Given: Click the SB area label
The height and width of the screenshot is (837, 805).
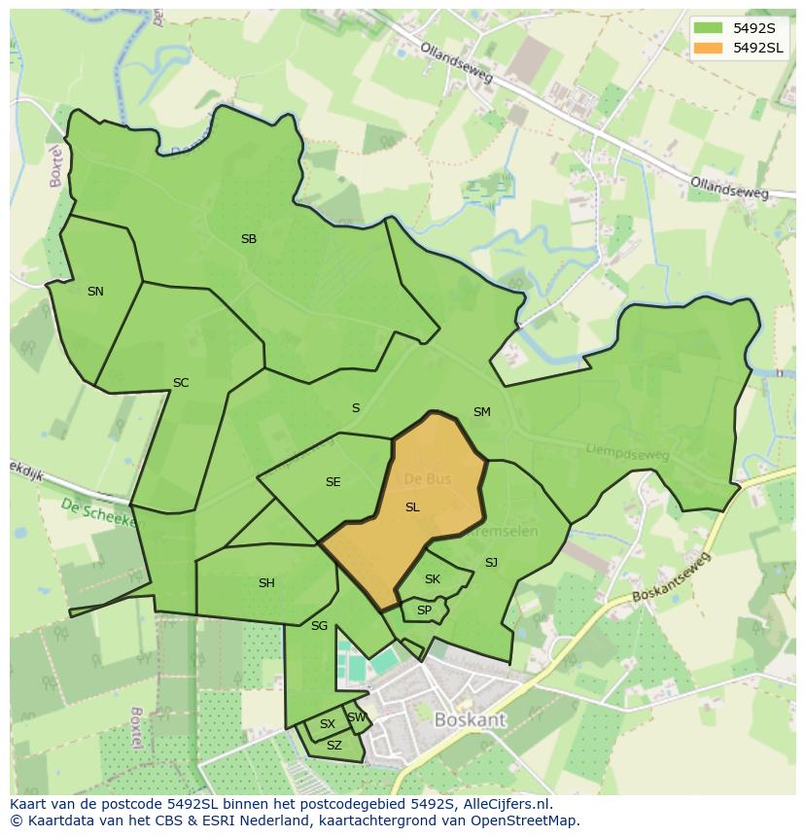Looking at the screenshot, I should point(249,238).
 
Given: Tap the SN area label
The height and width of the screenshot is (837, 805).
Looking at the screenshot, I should point(95,291).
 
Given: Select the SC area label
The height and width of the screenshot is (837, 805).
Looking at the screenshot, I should point(181,382).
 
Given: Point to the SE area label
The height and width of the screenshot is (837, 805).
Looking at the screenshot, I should point(333,481).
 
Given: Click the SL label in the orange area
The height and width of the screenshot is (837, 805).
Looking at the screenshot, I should point(412,506).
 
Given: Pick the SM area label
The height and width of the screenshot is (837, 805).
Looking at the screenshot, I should point(481,411).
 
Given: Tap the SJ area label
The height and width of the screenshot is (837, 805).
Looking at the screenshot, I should point(491,562).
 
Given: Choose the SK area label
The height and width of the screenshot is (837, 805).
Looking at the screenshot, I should point(433,578).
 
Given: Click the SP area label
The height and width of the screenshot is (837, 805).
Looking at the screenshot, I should point(424,610).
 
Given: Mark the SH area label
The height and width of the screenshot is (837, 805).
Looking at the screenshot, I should point(266,582).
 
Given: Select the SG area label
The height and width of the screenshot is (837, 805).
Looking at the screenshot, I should point(319,625).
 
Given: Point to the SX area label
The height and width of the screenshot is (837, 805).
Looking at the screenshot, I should point(328,723).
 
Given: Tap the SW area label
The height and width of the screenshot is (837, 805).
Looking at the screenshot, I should point(357,717).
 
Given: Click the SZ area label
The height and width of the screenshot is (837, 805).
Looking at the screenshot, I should point(334,745).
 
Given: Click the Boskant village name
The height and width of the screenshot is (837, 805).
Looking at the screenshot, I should point(471,720).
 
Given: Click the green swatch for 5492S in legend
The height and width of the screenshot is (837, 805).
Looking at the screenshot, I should point(708,27).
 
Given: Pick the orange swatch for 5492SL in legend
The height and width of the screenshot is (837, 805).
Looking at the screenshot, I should point(708,47).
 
